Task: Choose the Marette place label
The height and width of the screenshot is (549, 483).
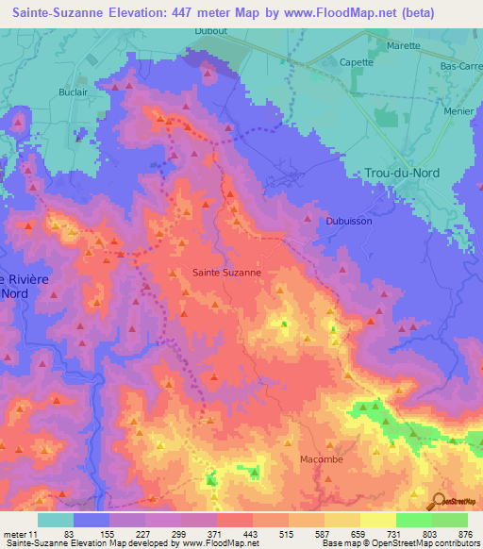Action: (x=404, y=44)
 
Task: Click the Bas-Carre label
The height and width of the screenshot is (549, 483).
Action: (x=461, y=67)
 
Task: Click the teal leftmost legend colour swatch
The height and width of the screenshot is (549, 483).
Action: (x=56, y=520)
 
